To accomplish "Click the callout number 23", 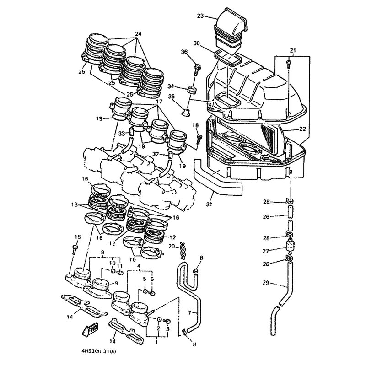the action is [x=200, y=16].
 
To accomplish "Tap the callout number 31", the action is [x=209, y=204].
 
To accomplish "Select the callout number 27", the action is [x=266, y=251].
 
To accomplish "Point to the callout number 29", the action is [x=266, y=283].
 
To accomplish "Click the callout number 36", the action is [x=184, y=52].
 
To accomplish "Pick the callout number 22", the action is [x=302, y=129].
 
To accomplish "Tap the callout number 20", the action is [x=172, y=246].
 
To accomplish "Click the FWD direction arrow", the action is [x=90, y=329].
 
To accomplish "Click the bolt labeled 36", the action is [x=197, y=70].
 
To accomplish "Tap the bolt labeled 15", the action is [x=75, y=250].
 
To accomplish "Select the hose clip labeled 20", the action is [x=182, y=250].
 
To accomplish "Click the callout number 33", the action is [x=122, y=134].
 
